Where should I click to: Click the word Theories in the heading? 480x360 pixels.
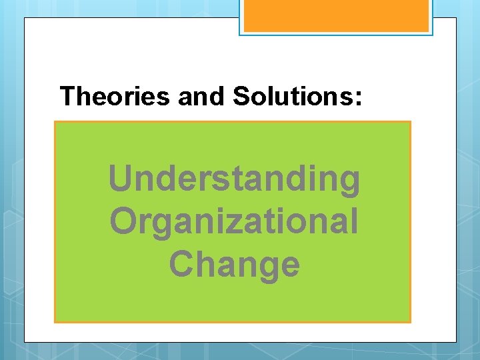(x=115, y=97)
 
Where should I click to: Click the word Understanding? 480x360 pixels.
(x=234, y=179)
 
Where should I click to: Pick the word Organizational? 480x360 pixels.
(x=234, y=221)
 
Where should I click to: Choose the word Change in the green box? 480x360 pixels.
(x=234, y=264)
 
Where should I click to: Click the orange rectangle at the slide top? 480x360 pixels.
(x=335, y=15)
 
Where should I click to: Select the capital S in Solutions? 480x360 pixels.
(x=241, y=97)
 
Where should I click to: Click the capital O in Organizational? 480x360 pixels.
(x=124, y=221)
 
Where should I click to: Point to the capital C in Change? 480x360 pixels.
(x=182, y=263)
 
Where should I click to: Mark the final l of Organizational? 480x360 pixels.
(x=353, y=221)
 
